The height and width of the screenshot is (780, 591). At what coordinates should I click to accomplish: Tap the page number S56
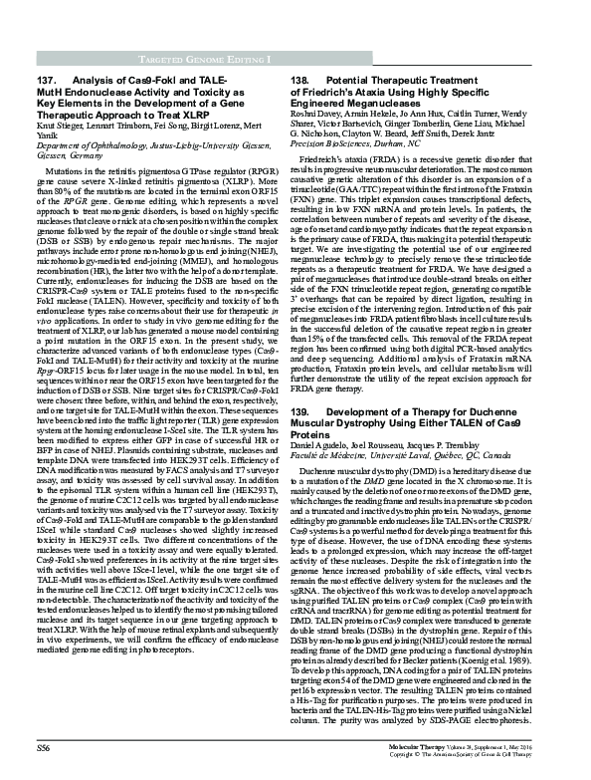[x=45, y=746]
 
